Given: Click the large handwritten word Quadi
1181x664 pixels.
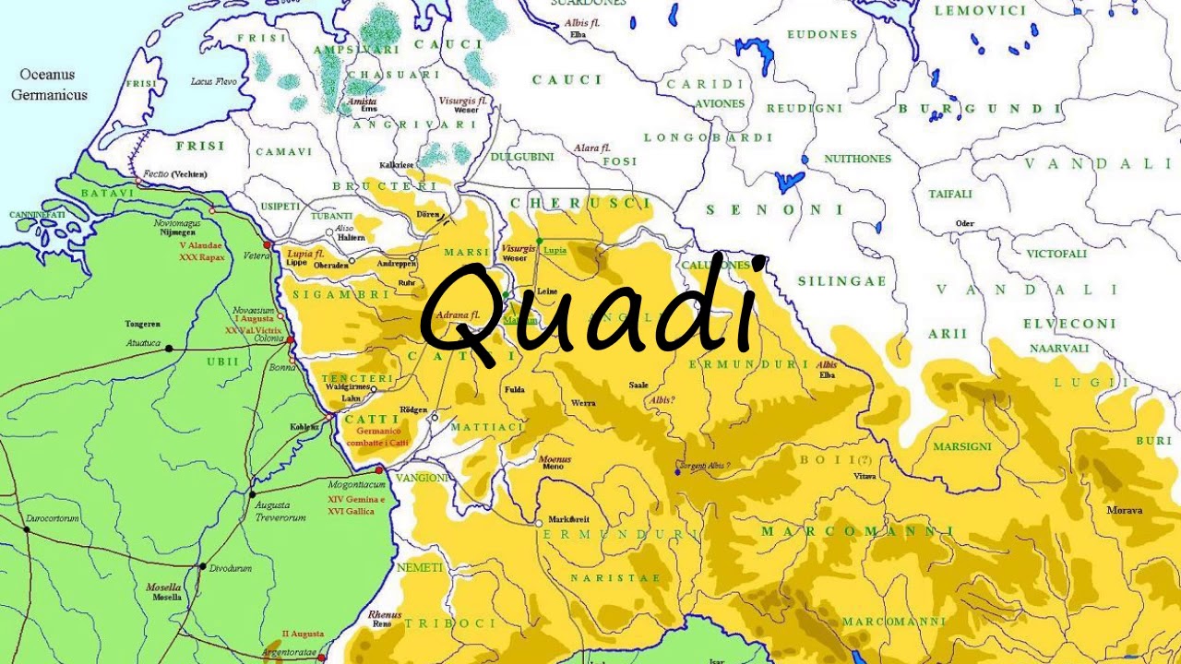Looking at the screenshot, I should tap(590, 309).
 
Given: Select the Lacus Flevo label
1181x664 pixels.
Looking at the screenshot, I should tap(213, 82).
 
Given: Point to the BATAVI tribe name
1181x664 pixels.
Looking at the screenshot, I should tap(108, 193).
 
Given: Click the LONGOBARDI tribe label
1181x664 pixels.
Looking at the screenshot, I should tap(708, 137).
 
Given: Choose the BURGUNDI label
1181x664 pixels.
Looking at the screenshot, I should tap(980, 109).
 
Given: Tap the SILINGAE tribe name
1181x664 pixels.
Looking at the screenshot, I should tap(841, 281).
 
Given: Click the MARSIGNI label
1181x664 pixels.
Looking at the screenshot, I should tap(962, 446).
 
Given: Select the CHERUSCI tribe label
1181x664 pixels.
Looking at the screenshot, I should tap(579, 203).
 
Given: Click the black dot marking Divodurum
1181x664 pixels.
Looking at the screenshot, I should tap(202, 566).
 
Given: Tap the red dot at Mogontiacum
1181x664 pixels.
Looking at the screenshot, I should tap(378, 470).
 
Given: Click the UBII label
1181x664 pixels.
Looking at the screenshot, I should tap(222, 362).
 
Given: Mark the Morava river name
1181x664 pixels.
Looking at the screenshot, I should tap(1125, 510).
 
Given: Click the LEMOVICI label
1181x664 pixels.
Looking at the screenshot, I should tap(980, 11).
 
